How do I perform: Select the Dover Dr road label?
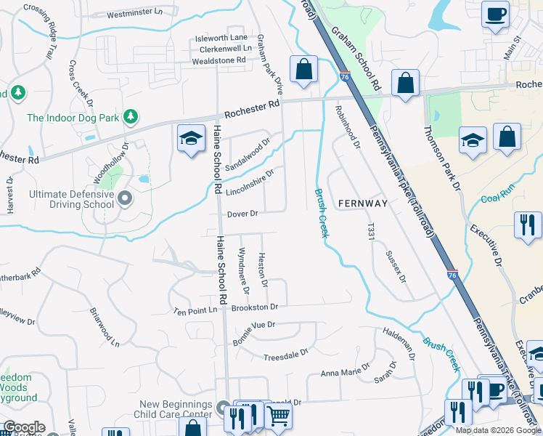242,214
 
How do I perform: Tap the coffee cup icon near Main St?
496,16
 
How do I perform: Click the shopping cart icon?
279,416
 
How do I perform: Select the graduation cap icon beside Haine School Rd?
191,140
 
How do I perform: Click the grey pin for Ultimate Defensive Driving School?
125,198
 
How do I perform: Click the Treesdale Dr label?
285,354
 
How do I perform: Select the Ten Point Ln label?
195,310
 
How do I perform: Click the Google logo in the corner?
23,427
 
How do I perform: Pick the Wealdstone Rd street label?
219,60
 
